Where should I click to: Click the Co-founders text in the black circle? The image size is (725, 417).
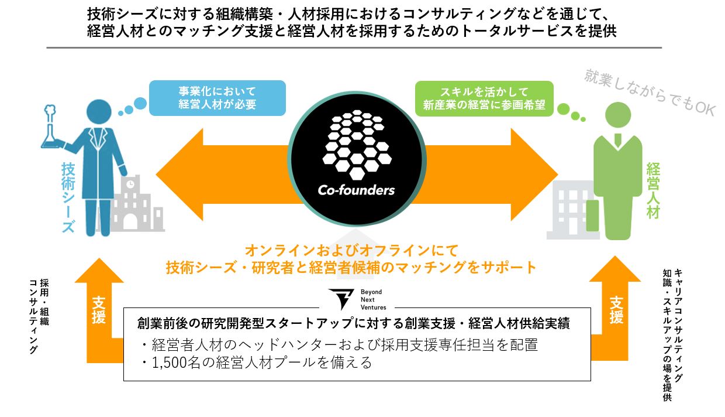click(x=356, y=190)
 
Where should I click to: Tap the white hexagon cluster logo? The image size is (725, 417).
click(x=356, y=142)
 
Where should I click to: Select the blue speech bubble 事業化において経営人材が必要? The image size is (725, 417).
click(x=217, y=98)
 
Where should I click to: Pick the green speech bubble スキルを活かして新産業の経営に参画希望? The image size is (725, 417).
click(x=484, y=98)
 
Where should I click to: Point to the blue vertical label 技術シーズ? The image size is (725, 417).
click(x=68, y=197)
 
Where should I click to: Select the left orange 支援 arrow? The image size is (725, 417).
click(x=99, y=310)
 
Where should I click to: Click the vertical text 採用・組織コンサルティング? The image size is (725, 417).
click(x=39, y=316)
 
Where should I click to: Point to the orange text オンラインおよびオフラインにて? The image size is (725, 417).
click(x=351, y=251)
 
